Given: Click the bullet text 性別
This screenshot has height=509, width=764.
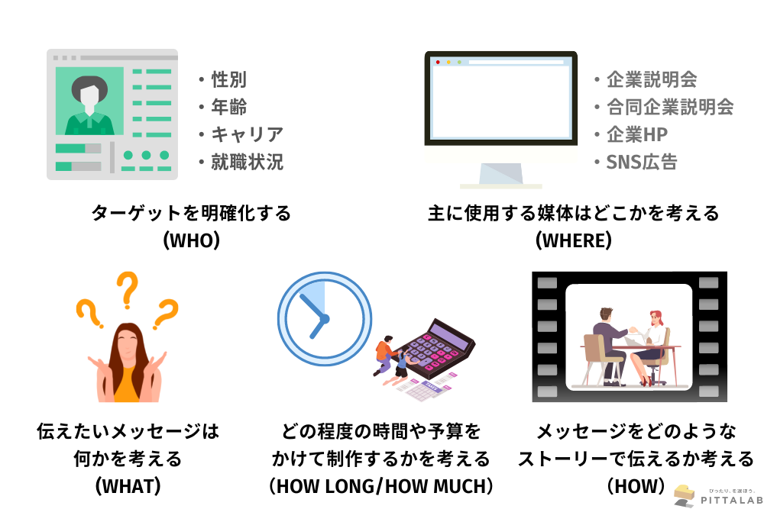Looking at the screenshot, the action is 229,79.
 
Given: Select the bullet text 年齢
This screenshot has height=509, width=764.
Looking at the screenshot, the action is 229,107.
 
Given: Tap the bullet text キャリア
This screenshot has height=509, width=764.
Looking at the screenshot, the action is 247,134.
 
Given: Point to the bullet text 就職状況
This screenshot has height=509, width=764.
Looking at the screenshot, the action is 247,162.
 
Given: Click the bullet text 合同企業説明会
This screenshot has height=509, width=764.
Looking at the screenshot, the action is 670,107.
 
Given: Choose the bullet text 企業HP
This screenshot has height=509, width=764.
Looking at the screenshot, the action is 637,134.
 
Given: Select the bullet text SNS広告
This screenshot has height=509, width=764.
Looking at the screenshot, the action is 642,162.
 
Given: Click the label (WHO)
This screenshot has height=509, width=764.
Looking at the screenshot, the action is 192,240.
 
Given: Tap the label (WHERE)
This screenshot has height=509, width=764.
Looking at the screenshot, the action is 574,240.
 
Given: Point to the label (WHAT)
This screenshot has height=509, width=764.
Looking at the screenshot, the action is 128,486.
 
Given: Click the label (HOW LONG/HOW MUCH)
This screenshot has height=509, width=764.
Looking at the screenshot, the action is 381,486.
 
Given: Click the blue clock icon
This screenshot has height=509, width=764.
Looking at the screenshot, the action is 325,319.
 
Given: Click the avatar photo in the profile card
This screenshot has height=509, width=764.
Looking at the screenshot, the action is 89,101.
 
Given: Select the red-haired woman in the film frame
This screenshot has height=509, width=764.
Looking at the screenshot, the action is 650,346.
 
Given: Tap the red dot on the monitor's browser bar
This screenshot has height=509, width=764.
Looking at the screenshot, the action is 438,63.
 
